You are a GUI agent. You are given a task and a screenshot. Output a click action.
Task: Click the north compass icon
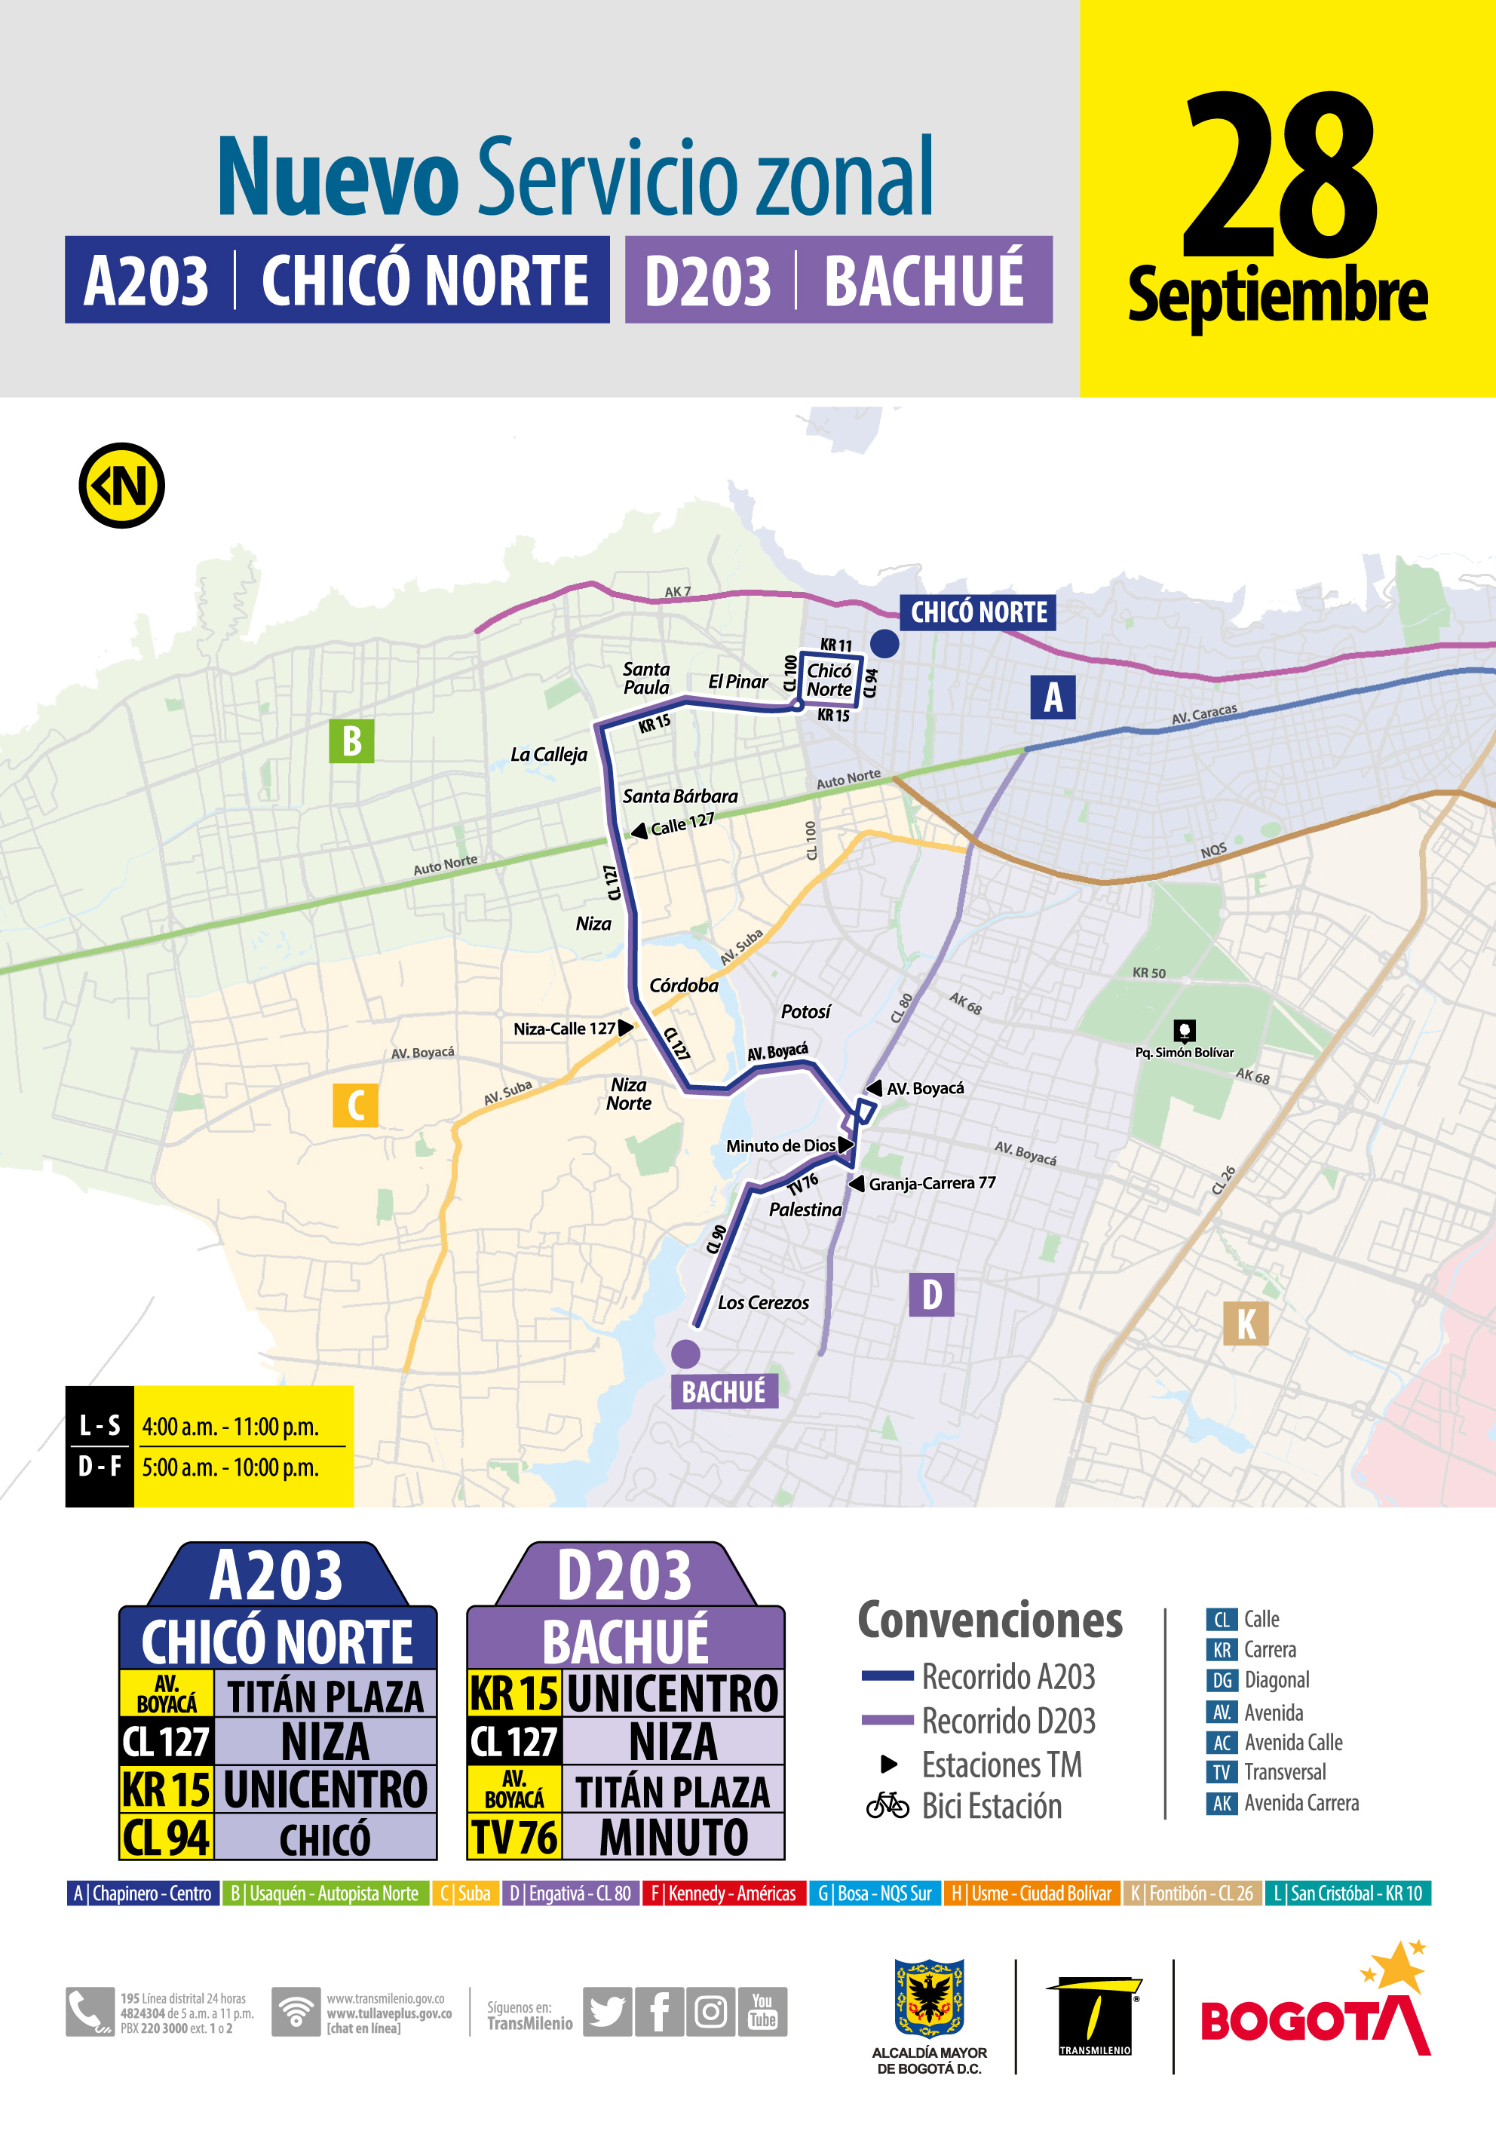(122, 485)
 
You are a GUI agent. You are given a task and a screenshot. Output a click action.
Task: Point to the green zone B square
(352, 741)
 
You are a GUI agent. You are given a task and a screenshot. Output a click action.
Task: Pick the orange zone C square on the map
(356, 1105)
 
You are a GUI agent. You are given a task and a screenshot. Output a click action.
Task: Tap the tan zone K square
(1246, 1323)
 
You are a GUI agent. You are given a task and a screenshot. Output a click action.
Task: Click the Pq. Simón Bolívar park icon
(1184, 1029)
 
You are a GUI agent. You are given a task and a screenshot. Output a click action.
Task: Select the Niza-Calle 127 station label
(564, 1029)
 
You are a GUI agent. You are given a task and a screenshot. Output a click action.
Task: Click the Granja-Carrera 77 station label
(932, 1183)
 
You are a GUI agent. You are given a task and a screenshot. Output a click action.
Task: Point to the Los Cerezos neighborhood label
(762, 1303)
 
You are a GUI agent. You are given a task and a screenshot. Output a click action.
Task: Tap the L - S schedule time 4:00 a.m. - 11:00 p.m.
(230, 1427)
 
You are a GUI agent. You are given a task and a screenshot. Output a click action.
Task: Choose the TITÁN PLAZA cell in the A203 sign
(325, 1697)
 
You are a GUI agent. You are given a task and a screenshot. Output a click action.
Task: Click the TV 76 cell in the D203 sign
(513, 1838)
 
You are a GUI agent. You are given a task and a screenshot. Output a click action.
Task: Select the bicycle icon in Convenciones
(887, 1806)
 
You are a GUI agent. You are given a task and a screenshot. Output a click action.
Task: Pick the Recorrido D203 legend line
(887, 1720)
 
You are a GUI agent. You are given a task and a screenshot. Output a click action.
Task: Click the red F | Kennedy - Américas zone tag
(723, 1893)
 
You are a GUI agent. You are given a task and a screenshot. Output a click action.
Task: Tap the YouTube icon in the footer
(762, 2011)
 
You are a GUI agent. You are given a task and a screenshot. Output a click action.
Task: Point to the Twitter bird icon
(607, 2011)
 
